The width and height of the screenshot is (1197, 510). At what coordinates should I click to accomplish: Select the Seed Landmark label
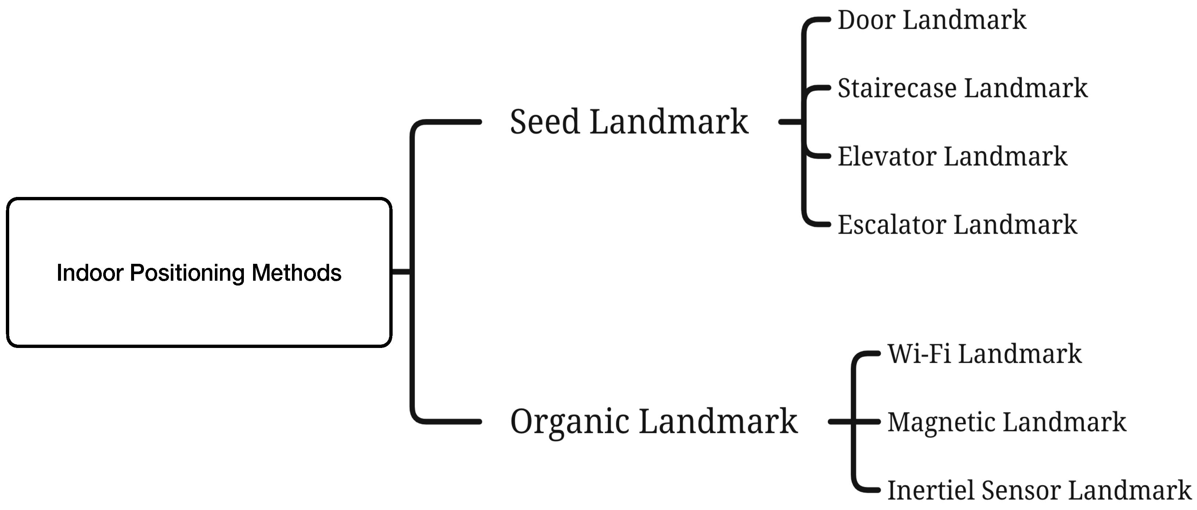coord(629,122)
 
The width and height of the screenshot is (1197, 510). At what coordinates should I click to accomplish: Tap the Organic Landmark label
coord(653,421)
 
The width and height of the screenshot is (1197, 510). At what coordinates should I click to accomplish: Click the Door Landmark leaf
coord(932,21)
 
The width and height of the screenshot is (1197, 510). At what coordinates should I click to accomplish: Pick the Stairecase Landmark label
coord(962,88)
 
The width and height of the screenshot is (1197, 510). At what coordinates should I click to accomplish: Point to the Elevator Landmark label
coord(952,157)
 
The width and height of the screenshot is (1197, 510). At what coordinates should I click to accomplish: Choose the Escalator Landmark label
coord(957,225)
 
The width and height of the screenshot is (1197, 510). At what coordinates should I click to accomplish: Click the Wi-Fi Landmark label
coord(984,354)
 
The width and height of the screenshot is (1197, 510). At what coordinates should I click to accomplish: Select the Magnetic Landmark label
coord(1006,422)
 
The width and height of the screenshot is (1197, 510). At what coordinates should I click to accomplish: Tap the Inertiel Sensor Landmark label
coord(1039,491)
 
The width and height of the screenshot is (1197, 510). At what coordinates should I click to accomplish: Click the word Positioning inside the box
coord(187,273)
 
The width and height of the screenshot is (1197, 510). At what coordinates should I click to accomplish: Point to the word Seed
coord(545,122)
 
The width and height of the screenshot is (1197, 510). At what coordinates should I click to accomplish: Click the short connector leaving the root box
coord(401,272)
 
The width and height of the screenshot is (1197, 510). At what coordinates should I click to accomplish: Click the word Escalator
coord(891,225)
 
